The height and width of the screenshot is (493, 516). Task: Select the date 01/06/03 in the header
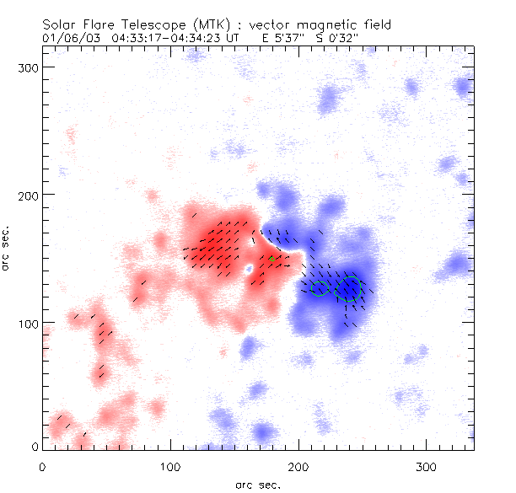coord(63,38)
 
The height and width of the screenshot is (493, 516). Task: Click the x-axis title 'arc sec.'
coord(258,484)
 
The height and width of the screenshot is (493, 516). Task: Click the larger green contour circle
coord(348,288)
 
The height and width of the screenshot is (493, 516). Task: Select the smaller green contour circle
coord(319,288)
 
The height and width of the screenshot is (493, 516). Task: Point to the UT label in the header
coord(231,38)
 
